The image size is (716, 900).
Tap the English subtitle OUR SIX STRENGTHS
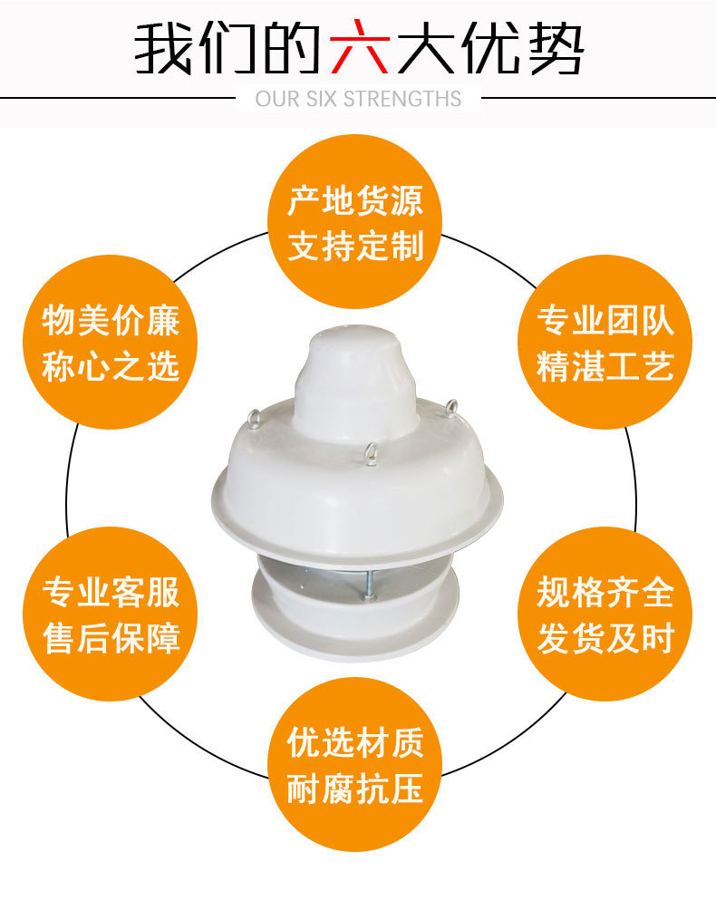click(x=358, y=99)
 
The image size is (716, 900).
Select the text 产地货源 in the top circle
click(x=355, y=201)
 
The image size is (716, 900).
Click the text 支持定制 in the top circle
click(x=355, y=247)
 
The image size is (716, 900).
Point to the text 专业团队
click(x=605, y=320)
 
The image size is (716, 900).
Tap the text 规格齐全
click(x=605, y=592)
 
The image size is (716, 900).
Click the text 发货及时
click(x=605, y=638)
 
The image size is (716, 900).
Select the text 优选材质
click(x=355, y=742)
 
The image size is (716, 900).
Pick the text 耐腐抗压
click(x=355, y=789)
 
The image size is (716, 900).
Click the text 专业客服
click(x=111, y=592)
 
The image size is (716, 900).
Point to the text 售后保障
click(x=111, y=638)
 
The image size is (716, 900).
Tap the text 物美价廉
click(x=111, y=320)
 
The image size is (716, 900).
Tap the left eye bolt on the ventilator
click(x=253, y=420)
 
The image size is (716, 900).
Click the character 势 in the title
click(x=555, y=48)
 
